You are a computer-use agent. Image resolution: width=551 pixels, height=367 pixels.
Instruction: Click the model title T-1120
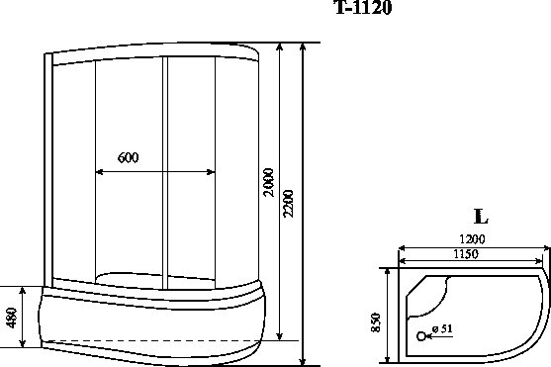point(364,7)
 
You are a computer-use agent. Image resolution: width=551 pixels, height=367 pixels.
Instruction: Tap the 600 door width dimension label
point(128,157)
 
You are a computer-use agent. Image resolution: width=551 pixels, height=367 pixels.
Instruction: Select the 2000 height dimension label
point(269,182)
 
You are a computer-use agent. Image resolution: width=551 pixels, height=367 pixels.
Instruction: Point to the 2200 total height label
point(288,204)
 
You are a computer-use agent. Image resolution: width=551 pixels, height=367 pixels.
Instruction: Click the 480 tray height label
point(12,318)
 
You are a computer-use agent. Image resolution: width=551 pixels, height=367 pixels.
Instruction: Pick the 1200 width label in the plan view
point(472,239)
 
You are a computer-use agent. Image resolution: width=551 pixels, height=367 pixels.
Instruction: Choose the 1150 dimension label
point(465,254)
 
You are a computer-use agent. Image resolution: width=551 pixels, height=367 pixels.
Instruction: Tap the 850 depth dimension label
point(375,322)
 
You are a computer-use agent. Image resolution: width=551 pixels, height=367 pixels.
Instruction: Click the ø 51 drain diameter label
point(442,328)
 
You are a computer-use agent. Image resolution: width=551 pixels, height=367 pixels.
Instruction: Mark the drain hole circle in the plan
point(421,336)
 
